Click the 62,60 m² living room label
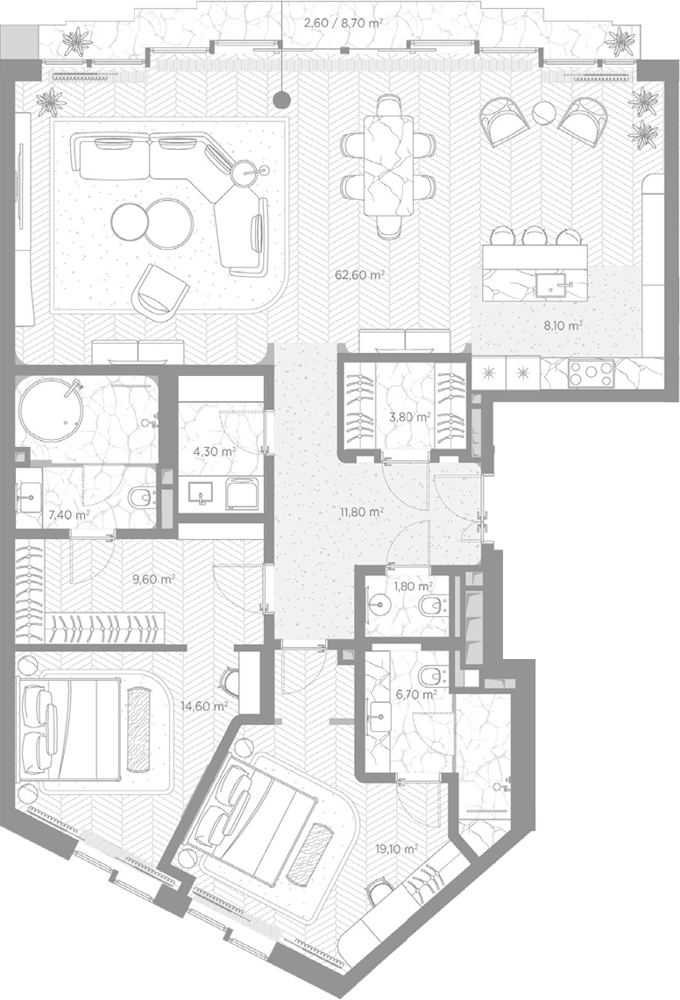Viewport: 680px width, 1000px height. point(359,275)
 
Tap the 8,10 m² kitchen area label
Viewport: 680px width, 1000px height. point(563,325)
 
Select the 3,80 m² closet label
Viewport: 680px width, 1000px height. point(409,418)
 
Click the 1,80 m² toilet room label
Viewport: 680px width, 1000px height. point(413,585)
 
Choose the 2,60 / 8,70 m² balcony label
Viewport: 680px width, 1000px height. point(344,24)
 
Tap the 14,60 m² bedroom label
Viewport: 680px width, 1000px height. point(204,706)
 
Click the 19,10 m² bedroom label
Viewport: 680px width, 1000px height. point(396,849)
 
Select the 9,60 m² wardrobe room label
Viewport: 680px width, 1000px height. point(153,579)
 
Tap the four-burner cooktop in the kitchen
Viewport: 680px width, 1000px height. point(591,373)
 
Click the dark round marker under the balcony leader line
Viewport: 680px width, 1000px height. point(281,99)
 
